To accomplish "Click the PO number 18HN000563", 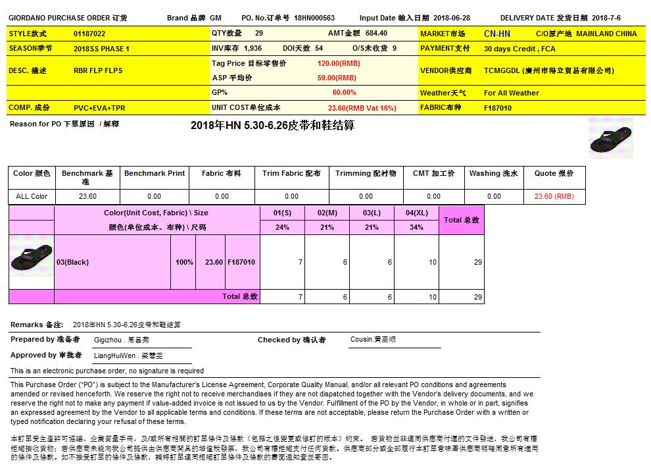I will point(314,18).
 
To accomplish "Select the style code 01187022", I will point(89,33).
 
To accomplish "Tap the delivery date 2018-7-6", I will point(606,18).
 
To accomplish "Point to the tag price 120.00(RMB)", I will point(339,64).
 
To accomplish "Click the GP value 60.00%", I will point(344,93).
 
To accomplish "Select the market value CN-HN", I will point(496,34).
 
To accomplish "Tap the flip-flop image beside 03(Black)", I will point(32,257).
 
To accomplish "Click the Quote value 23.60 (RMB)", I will point(554,196).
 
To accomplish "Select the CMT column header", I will point(433,174).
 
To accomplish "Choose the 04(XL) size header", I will point(416,213).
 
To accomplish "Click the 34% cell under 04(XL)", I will point(416,227).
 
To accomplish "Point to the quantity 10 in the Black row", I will point(432,262).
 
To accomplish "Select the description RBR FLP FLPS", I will point(98,70).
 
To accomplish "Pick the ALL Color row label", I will point(32,196).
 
